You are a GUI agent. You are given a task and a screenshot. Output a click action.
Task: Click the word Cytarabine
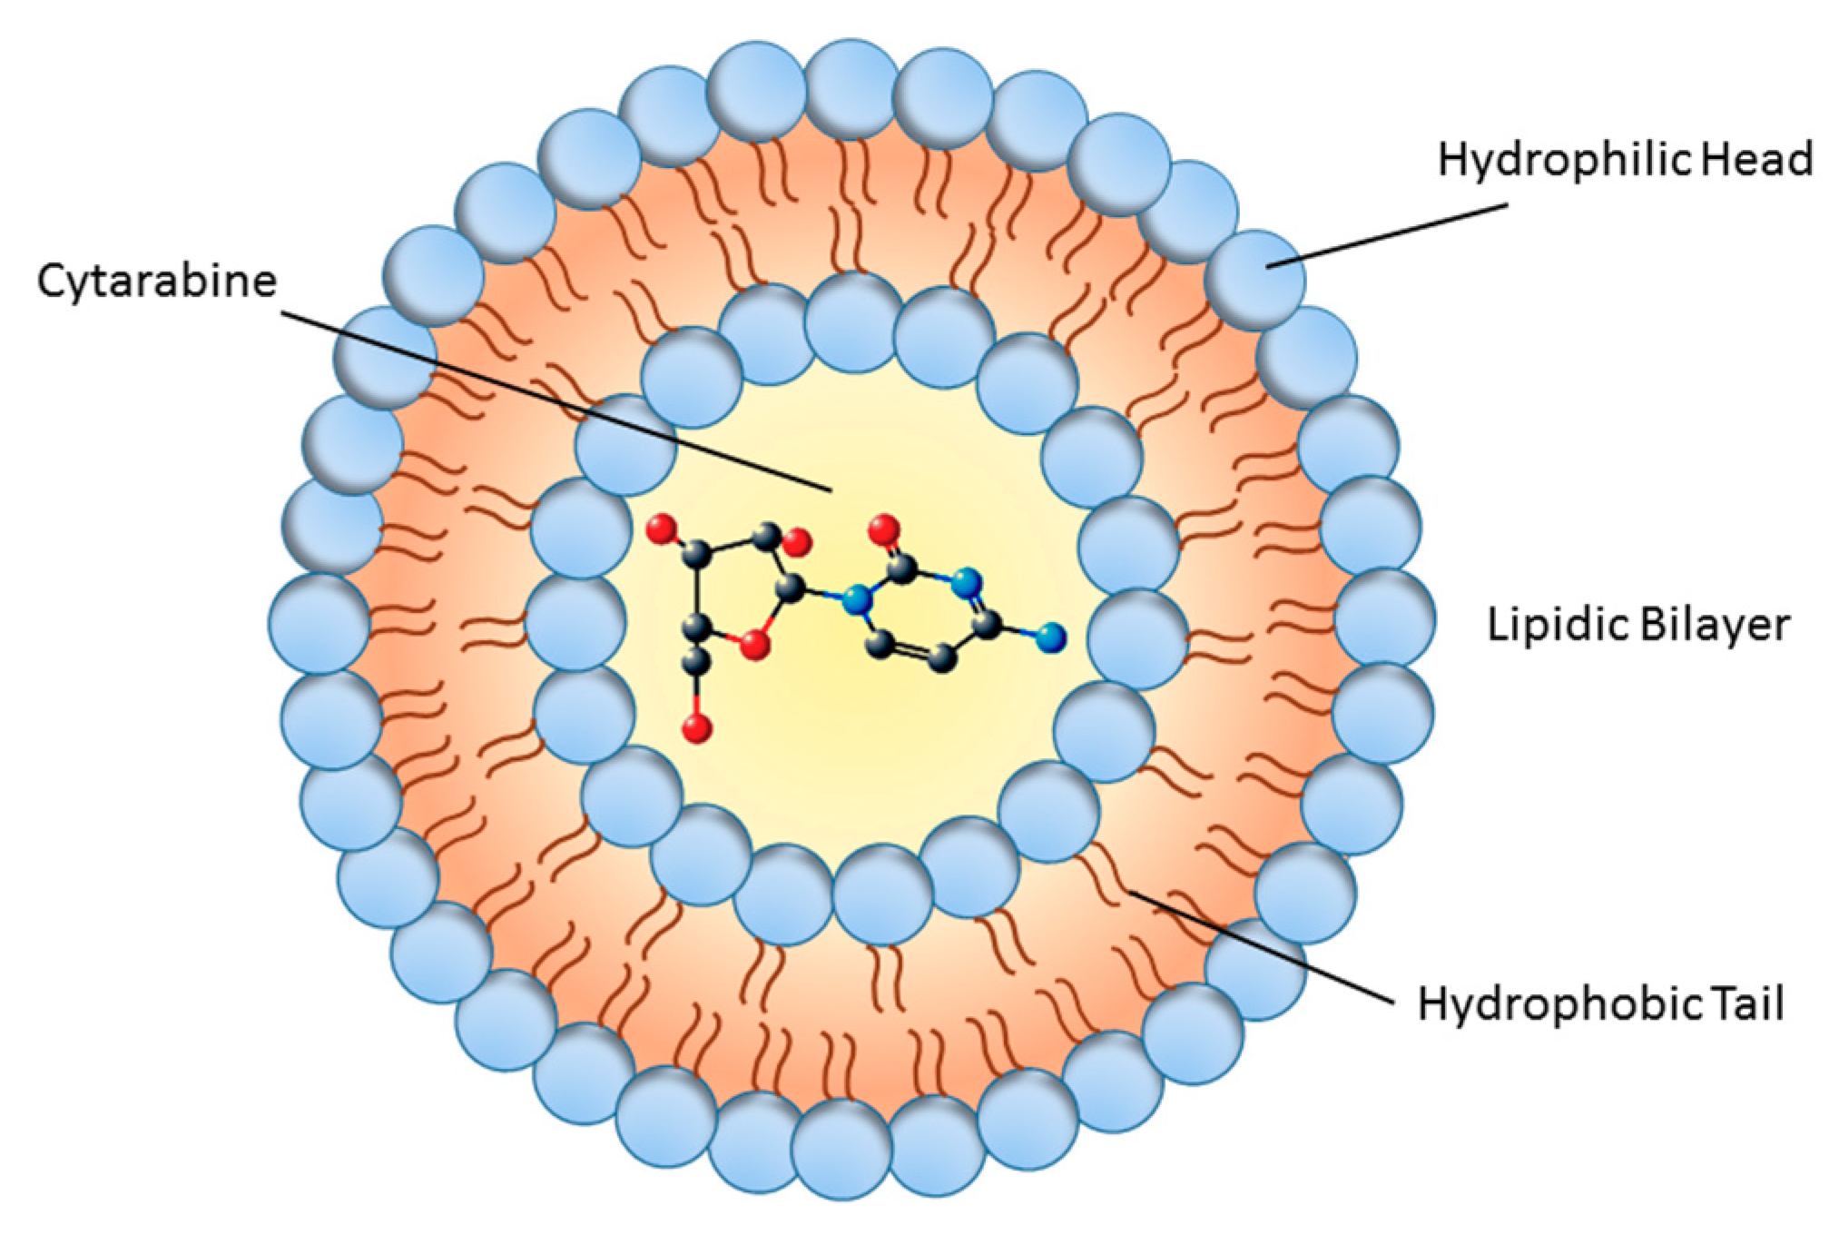(156, 281)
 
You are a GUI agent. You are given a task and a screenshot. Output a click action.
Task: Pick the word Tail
(1748, 1004)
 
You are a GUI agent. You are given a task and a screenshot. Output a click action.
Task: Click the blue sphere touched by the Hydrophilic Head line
(1256, 279)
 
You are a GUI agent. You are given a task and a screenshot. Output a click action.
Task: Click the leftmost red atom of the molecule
(662, 529)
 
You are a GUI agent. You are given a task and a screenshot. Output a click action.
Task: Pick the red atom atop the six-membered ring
(883, 529)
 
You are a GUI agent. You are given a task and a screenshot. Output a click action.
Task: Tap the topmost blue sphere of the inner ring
(852, 322)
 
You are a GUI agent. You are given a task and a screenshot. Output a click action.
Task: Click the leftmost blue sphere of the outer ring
(319, 624)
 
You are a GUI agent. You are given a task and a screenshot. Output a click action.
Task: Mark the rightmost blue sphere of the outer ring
(1384, 617)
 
